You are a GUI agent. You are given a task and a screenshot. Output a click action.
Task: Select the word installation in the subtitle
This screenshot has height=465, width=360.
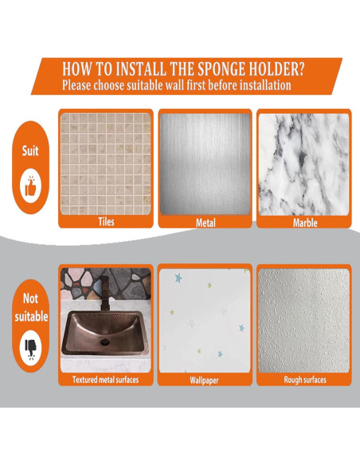click(265, 85)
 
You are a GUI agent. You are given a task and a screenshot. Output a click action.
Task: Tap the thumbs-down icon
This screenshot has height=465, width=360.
click(30, 349)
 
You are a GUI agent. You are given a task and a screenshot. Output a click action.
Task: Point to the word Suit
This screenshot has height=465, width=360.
click(30, 151)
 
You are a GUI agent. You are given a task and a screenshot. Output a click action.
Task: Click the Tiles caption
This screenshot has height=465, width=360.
click(106, 221)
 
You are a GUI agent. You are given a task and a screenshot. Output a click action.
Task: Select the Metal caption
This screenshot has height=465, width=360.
click(205, 223)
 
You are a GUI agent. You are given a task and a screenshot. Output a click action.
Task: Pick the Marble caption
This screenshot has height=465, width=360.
click(305, 223)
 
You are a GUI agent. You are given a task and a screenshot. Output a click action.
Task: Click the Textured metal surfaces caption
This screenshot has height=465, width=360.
click(106, 380)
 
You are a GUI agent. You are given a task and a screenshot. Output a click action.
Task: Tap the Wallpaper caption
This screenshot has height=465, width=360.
click(204, 380)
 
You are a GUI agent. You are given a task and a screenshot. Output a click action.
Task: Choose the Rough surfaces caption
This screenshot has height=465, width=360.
click(305, 380)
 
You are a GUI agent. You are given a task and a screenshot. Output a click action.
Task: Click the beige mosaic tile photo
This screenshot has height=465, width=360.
click(106, 164)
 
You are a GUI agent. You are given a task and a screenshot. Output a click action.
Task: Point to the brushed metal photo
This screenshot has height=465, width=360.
click(205, 164)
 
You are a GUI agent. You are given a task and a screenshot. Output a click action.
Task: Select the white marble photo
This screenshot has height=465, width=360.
click(304, 165)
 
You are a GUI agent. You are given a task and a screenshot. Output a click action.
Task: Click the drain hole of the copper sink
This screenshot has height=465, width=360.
click(105, 342)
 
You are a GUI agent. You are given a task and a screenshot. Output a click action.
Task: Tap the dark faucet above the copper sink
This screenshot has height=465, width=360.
click(104, 293)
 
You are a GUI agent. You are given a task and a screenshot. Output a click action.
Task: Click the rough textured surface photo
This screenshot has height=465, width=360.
click(304, 321)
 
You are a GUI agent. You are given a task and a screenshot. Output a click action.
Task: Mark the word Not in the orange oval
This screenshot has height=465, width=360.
click(30, 299)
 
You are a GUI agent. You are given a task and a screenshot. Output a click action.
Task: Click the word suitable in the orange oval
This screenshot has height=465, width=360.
click(31, 316)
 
